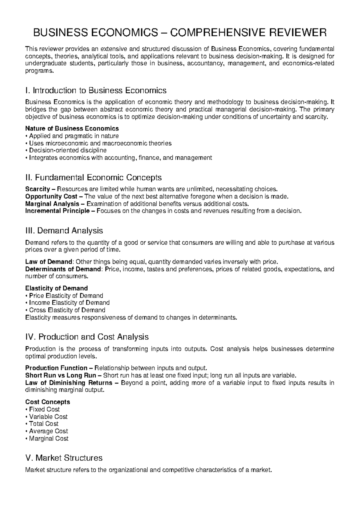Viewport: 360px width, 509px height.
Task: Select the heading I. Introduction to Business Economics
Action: [x=96, y=90]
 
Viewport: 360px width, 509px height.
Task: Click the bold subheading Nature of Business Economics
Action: [x=72, y=128]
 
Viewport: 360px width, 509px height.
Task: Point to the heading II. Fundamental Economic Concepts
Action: [x=94, y=178]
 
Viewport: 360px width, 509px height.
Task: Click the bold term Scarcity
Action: [x=37, y=189]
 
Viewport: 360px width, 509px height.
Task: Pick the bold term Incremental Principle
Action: [x=57, y=211]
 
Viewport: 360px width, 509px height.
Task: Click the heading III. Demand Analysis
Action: [x=64, y=231]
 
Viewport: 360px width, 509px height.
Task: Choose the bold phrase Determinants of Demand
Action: [x=63, y=269]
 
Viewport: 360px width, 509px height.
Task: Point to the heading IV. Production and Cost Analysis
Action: [x=87, y=337]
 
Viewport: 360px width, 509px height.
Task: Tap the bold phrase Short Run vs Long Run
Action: [x=61, y=375]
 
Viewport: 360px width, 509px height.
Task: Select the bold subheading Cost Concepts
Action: [x=47, y=402]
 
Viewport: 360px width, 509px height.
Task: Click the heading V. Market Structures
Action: [x=64, y=458]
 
